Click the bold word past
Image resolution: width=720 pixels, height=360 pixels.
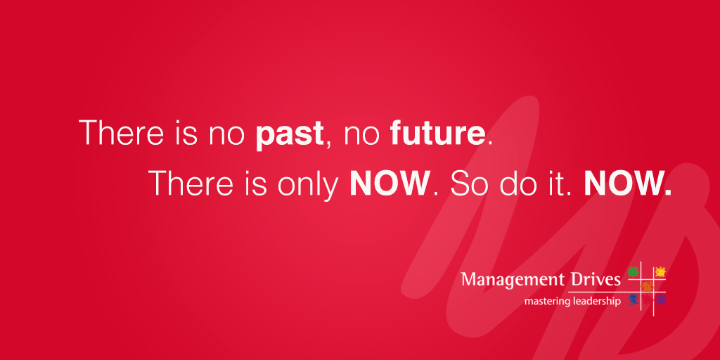(290, 134)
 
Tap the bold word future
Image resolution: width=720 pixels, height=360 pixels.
(437, 132)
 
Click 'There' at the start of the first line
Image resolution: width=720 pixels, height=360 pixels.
(121, 132)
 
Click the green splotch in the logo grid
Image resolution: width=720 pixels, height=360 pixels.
(634, 271)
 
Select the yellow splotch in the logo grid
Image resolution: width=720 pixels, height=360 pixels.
(660, 272)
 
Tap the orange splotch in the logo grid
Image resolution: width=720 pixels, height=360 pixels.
(647, 287)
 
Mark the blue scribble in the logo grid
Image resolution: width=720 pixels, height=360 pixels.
(634, 300)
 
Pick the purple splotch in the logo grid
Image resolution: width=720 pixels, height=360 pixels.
(660, 300)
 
